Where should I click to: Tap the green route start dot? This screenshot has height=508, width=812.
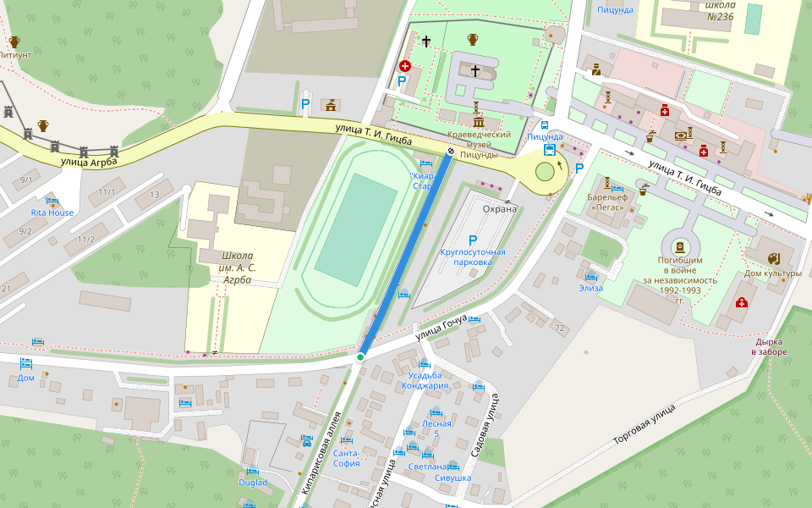[x=360, y=357]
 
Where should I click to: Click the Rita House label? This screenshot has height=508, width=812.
[x=52, y=213]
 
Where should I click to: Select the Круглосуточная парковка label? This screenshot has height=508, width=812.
[x=473, y=257]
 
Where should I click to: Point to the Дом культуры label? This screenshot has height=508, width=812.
[x=772, y=273]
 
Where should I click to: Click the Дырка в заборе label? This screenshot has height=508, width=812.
[x=771, y=346]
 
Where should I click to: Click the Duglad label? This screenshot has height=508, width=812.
[x=252, y=483]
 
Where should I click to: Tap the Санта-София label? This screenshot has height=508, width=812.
[x=347, y=458]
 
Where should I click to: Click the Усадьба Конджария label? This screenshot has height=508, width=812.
[x=428, y=380]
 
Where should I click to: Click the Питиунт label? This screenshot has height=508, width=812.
[x=14, y=54]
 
